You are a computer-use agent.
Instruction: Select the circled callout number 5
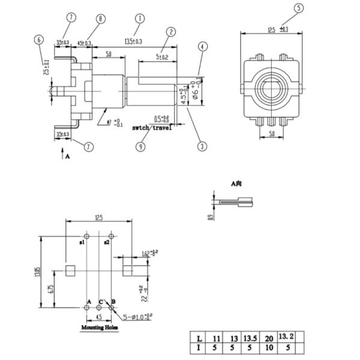299,8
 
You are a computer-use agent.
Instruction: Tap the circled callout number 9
140,146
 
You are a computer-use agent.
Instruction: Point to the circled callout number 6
39,40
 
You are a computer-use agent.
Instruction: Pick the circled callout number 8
101,19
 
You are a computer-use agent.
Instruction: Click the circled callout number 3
203,146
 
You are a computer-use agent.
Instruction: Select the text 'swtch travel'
152,128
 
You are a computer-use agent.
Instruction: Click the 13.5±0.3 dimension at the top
133,42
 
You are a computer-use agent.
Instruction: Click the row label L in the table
197,338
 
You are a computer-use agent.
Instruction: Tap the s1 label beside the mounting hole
82,242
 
